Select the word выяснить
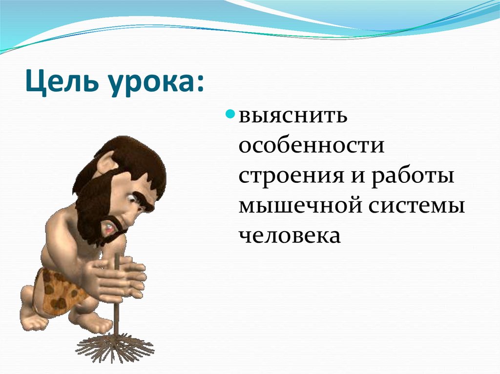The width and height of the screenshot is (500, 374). click(293, 118)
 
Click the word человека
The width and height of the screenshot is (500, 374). click(289, 236)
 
